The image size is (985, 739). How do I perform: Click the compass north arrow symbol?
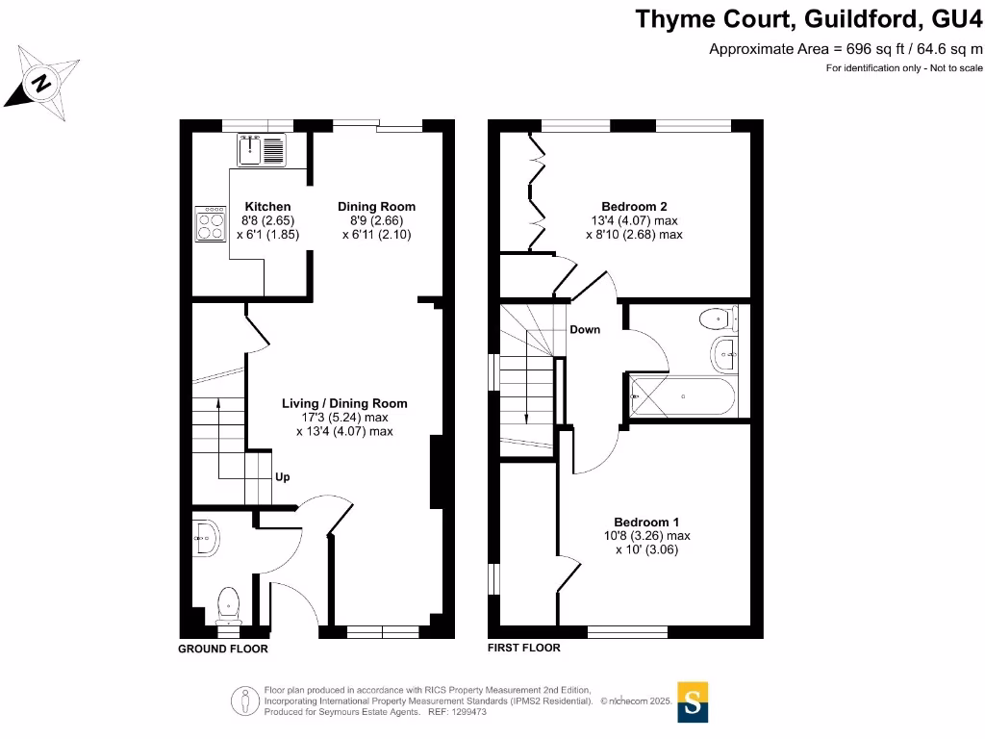point(41,83)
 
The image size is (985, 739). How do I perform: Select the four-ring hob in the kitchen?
point(209,224)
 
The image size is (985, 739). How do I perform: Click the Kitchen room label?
point(267,207)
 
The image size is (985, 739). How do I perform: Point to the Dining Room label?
point(376,207)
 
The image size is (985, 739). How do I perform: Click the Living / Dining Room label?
point(344,403)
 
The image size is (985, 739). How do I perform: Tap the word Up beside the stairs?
point(283,477)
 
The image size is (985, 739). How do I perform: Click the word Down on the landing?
point(585,330)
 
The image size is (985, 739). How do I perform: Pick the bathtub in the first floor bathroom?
point(684,396)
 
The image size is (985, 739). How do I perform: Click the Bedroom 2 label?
point(634,206)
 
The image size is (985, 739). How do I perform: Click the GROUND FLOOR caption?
point(223,650)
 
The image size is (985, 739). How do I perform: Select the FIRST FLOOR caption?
point(524,649)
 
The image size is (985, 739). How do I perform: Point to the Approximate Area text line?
point(846,49)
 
